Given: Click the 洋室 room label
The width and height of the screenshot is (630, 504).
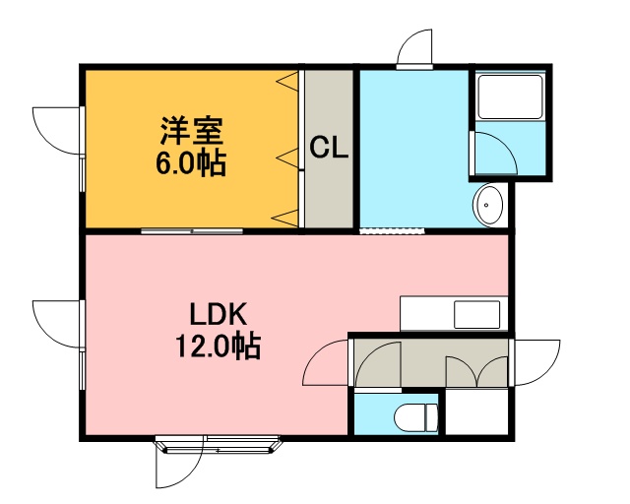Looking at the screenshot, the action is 192,131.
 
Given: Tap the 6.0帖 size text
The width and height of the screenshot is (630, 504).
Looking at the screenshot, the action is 191,163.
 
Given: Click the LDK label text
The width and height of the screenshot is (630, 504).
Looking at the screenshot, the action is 218,315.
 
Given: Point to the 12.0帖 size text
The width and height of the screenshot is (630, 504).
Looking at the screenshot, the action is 218,346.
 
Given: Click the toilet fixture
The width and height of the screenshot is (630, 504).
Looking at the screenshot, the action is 415,418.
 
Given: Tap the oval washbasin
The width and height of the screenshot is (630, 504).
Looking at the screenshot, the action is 488,206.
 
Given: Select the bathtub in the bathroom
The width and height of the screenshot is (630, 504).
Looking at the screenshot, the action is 510,96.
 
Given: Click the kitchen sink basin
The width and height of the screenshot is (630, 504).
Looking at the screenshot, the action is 476,315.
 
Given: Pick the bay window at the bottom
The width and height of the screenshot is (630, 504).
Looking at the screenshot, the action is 219,444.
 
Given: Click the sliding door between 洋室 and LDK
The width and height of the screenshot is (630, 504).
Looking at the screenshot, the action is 192,231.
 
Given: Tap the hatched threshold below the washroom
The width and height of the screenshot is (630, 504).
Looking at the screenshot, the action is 392,231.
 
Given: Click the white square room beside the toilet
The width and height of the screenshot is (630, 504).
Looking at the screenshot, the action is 476,411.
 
